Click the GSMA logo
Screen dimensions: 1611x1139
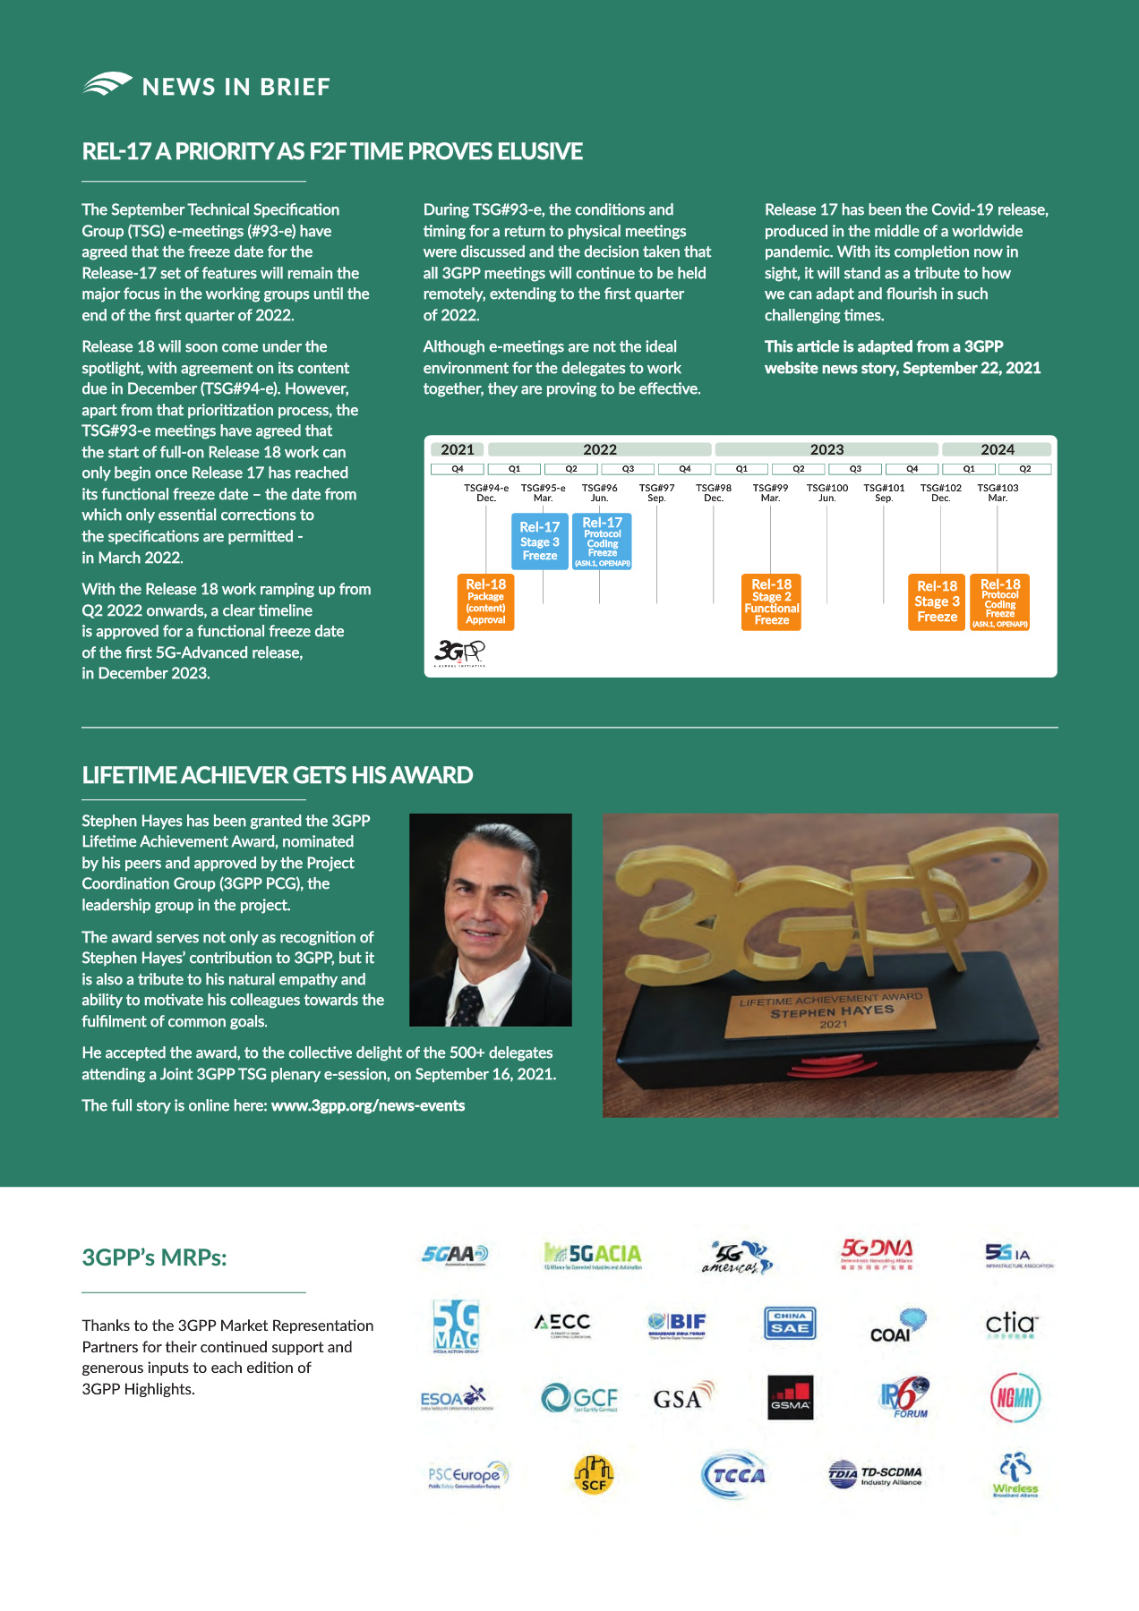pos(791,1397)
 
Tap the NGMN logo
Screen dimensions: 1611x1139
pos(1015,1397)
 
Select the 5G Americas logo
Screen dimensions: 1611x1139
pos(736,1257)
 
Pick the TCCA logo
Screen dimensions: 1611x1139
pos(735,1474)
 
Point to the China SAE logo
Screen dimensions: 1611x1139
pos(790,1323)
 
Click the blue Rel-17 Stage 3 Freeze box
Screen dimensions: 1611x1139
pos(540,541)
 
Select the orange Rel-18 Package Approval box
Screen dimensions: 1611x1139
pos(485,601)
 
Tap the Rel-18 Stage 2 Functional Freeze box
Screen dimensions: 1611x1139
pos(771,601)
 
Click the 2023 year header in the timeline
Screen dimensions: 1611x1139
pos(826,449)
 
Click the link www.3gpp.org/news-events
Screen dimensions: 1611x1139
pos(368,1105)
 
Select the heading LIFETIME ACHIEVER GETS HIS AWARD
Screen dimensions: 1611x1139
pos(278,775)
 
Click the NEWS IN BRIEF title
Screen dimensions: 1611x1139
pos(236,87)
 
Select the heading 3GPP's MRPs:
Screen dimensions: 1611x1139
pos(154,1257)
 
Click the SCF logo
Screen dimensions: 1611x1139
pos(593,1474)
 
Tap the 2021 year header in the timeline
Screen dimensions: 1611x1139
pos(458,449)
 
